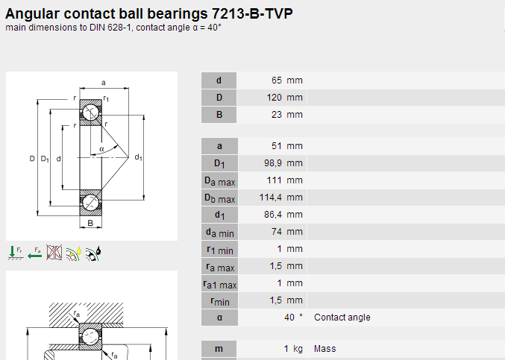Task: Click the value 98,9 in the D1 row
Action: [x=273, y=163]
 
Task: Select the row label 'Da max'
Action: [x=219, y=181]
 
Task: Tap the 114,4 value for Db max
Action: [x=271, y=198]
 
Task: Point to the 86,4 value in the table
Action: [x=273, y=215]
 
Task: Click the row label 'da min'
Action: [x=219, y=233]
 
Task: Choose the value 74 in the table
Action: [x=277, y=232]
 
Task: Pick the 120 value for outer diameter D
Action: [x=274, y=98]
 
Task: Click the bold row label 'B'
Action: [x=219, y=115]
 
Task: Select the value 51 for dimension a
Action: [x=277, y=146]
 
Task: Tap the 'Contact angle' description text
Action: [x=342, y=318]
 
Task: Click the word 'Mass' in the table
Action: [x=325, y=349]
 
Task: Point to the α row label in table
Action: [x=219, y=318]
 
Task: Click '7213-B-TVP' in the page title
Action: [x=252, y=14]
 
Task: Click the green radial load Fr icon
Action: [x=15, y=253]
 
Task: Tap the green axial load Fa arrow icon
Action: [x=35, y=253]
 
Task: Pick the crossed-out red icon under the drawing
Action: [x=54, y=252]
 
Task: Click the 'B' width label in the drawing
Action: [x=90, y=223]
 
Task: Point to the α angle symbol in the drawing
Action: [x=101, y=149]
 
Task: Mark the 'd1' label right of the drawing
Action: [x=139, y=157]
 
